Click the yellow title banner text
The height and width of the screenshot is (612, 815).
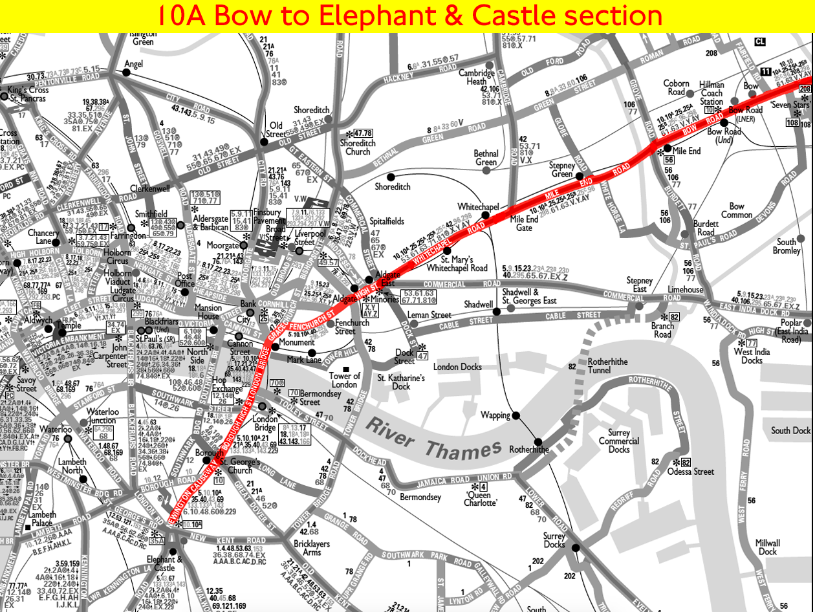coord(407,16)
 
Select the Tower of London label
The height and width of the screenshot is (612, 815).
coord(344,380)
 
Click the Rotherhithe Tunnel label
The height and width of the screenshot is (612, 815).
coord(607,366)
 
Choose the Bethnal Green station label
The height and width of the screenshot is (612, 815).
coord(486,158)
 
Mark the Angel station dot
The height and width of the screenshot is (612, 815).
coord(127,72)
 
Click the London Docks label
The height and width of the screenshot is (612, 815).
coord(457,367)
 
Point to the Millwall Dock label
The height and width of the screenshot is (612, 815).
coord(768,547)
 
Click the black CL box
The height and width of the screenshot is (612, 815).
coord(760,42)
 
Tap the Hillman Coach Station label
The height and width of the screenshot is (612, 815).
coord(712,94)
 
